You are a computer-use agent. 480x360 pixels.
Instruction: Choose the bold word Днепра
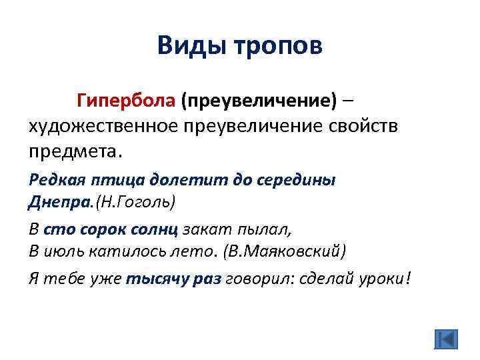(x=54, y=201)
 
